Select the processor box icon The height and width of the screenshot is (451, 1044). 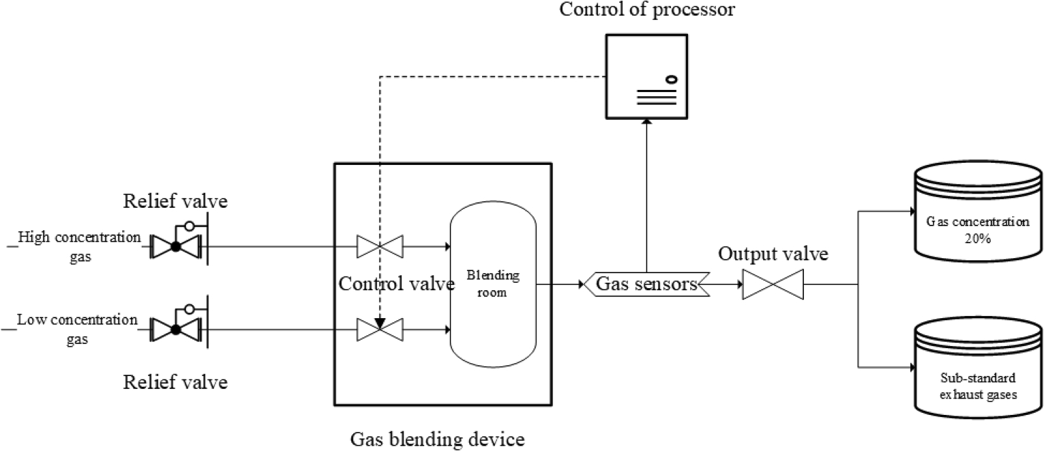[646, 76]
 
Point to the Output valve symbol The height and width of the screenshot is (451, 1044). [773, 284]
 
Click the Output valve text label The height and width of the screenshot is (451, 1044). [773, 255]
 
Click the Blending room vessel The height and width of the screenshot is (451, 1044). [493, 287]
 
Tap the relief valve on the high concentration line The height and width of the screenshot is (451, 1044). [176, 245]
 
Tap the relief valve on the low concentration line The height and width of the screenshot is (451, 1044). [176, 329]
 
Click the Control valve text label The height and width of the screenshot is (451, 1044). [396, 284]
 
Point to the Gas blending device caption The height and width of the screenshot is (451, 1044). [438, 437]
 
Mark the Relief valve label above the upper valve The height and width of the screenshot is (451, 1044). [175, 202]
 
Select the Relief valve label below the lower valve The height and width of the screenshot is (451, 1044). [175, 382]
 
